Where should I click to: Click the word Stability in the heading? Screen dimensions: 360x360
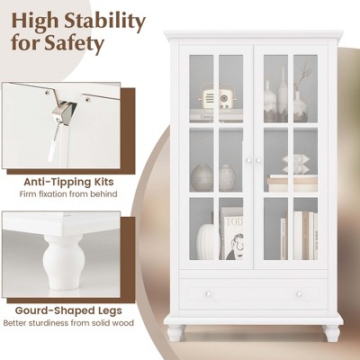[105, 19]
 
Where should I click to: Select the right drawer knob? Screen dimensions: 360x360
[299, 293]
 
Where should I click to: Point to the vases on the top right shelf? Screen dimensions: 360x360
[286, 101]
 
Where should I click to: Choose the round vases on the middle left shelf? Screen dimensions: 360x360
[214, 176]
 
